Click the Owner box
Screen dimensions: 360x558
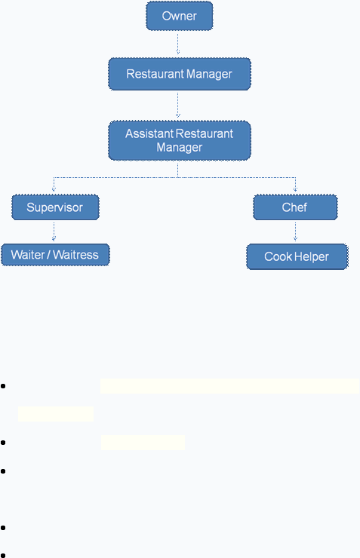[180, 16]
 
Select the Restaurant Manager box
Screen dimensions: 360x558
[180, 74]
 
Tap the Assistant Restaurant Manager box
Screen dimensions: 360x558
[180, 140]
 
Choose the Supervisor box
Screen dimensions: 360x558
[55, 207]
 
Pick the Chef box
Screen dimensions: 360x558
[295, 207]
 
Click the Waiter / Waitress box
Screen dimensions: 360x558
[55, 255]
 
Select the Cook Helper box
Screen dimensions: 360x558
[297, 256]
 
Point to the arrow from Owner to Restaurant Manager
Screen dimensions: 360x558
[177, 44]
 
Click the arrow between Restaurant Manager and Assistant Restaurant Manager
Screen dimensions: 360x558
[177, 106]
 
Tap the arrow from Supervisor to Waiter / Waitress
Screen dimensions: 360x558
[54, 231]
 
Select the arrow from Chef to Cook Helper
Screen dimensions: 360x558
[295, 231]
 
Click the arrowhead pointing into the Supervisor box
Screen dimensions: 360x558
[54, 190]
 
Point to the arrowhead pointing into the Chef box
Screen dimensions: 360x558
[295, 190]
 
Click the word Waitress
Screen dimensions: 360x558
[75, 255]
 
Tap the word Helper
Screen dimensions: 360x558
[311, 256]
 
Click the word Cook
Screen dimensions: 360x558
[278, 256]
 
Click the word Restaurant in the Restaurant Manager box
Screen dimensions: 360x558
[155, 74]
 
